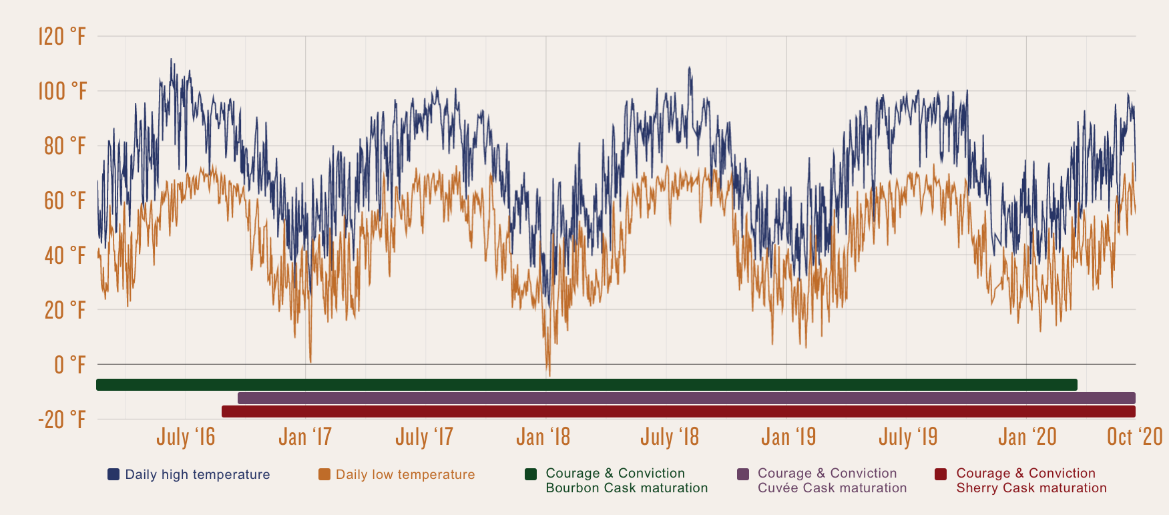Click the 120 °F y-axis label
coord(61,36)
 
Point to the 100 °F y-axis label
coord(61,91)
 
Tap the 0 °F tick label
coord(69,365)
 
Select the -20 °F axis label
coord(61,419)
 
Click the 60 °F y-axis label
coord(65,200)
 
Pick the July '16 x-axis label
coord(186,437)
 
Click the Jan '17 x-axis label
coord(305,437)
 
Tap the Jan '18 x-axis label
coord(543,437)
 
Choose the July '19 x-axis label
coord(908,437)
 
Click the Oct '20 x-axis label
coord(1134,437)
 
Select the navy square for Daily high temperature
coord(113,474)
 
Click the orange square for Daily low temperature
coord(324,474)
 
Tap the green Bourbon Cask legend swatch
coord(531,474)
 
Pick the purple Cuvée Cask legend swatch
coord(742,474)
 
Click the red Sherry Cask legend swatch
coord(941,474)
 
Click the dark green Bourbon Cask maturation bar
coord(586,385)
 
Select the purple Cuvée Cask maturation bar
coord(686,398)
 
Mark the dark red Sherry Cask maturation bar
coord(678,411)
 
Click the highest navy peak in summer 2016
coord(171,59)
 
